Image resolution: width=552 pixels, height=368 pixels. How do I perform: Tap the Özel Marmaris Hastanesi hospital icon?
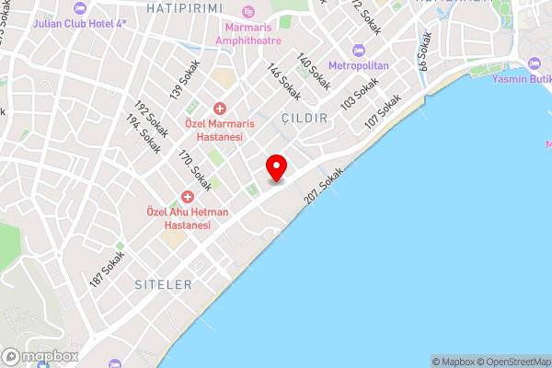coord(220,109)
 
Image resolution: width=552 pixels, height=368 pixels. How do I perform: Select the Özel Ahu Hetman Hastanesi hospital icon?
coord(188,196)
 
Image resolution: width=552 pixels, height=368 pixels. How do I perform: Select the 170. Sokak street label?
coord(195,171)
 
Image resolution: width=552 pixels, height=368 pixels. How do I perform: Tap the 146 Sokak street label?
coord(284,83)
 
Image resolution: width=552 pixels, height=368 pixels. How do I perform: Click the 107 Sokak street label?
coord(384,110)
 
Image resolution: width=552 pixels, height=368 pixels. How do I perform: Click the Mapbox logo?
coord(40,355)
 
